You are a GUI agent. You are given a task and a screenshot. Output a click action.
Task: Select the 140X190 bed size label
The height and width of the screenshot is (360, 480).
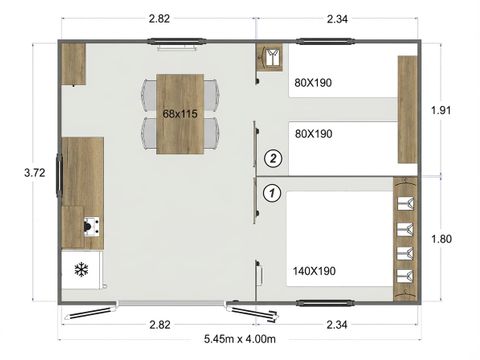pos(314,271)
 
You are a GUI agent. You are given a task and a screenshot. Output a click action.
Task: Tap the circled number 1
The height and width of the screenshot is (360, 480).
pos(271,190)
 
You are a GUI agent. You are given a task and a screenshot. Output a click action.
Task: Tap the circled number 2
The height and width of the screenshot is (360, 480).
pos(271,157)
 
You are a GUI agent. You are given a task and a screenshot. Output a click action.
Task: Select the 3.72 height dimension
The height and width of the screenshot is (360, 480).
pos(34,173)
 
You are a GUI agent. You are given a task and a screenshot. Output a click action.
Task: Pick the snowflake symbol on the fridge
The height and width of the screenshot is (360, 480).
pos(81,268)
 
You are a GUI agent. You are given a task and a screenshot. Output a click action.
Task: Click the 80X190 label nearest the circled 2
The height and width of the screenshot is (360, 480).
pos(314,133)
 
